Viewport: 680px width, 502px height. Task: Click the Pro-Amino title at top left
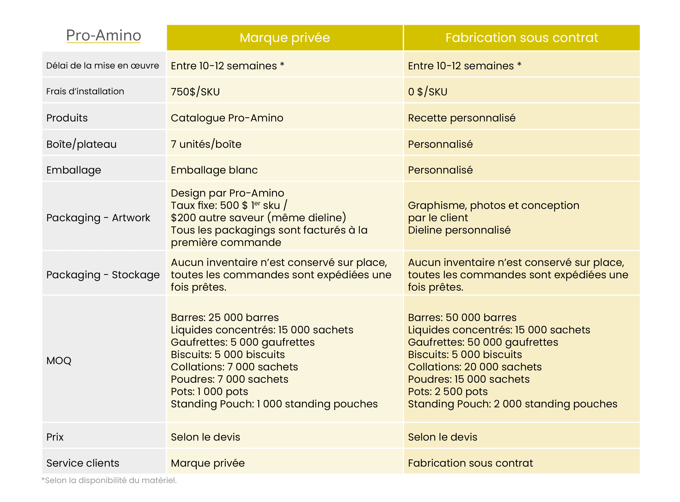[104, 35]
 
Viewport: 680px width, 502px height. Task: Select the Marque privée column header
[285, 38]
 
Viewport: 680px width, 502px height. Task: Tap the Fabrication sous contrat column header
[522, 38]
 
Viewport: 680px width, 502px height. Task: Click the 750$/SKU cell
[195, 92]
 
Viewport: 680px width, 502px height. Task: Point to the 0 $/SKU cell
[427, 92]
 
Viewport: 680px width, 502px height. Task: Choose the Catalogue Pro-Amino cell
[227, 118]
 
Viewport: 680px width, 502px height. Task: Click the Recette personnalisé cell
[461, 118]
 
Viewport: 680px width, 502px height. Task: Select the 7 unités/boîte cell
[206, 144]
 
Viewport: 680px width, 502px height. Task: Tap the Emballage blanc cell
[214, 170]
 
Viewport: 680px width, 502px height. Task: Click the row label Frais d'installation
[85, 91]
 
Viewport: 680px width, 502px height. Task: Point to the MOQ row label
[59, 361]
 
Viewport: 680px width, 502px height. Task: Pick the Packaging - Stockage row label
[103, 275]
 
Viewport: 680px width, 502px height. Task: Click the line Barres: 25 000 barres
[225, 317]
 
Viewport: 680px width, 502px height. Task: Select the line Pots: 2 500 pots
[447, 392]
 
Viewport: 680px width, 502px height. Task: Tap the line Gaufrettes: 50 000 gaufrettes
[483, 342]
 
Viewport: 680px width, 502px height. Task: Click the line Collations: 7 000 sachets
[234, 367]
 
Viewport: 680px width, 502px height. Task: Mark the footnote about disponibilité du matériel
[109, 480]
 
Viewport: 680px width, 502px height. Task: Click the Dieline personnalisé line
[459, 230]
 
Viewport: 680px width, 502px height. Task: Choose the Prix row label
[55, 437]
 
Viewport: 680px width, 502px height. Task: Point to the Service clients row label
[83, 463]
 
